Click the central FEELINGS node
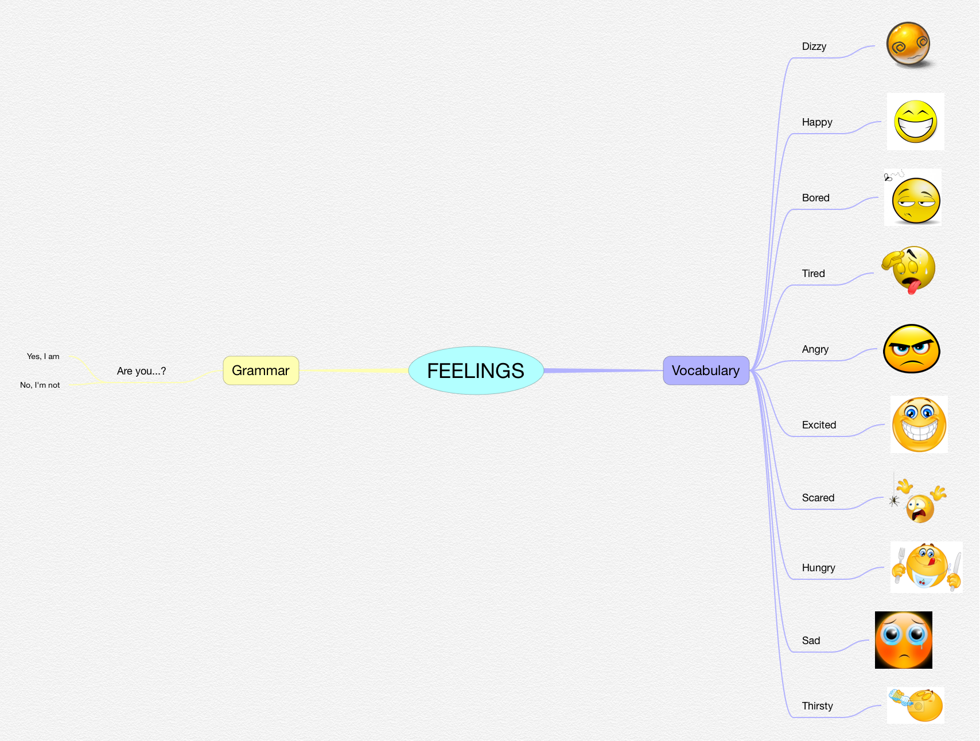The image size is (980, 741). tap(476, 370)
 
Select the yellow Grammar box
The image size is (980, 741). tap(260, 370)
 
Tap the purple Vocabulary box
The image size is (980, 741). tap(706, 370)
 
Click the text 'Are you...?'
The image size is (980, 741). tap(141, 371)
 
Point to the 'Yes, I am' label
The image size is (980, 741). tap(43, 356)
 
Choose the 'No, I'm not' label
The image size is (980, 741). tap(40, 385)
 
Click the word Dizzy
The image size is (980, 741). tap(814, 46)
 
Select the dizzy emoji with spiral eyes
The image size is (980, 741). tap(908, 45)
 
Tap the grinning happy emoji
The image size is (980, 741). tap(916, 122)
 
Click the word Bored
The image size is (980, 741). tap(815, 198)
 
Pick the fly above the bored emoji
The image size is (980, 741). tap(888, 177)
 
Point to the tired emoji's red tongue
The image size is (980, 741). tap(912, 285)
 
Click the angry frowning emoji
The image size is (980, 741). tap(911, 349)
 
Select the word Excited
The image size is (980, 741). tap(819, 425)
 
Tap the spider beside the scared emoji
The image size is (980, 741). tap(894, 501)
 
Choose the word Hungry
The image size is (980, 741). tap(818, 568)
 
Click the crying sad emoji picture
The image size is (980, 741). tap(903, 640)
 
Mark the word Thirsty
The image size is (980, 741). tap(817, 706)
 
